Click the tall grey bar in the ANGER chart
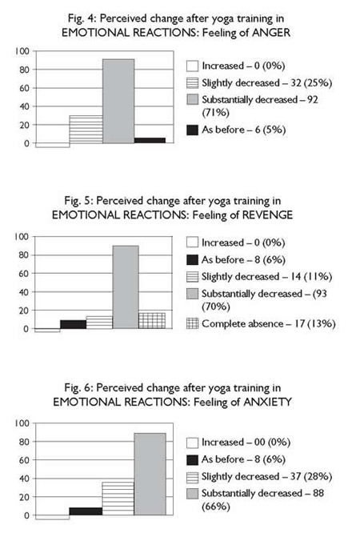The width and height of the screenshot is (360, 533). coord(118,101)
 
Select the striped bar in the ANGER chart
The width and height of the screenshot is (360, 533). coord(86,129)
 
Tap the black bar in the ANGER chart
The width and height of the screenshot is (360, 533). coord(150,140)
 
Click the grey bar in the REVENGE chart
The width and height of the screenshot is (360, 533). coord(126,287)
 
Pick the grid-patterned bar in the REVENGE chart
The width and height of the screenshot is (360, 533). coord(152,321)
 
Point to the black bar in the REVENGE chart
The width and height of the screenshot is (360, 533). coord(73,324)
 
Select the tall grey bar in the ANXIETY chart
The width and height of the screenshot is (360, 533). coord(150,475)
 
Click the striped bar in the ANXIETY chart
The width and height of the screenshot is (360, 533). coord(118,499)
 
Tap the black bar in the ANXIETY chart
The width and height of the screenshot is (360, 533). coord(86,511)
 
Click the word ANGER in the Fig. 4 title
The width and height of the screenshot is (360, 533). coord(271,33)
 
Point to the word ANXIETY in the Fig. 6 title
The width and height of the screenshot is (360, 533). coord(267,402)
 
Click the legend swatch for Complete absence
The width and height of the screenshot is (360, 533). coord(193,323)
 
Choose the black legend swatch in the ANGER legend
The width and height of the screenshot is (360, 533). coord(193,130)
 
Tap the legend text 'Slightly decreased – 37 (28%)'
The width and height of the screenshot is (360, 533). coord(266,476)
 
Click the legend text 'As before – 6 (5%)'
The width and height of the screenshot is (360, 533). coord(243,130)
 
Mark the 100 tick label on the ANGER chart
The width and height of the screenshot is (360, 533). coord(22,51)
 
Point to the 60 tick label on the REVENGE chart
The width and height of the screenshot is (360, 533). coord(25,273)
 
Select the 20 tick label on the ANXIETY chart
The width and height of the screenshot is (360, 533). coord(25,497)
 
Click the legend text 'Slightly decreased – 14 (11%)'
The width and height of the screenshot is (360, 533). coord(266,277)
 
